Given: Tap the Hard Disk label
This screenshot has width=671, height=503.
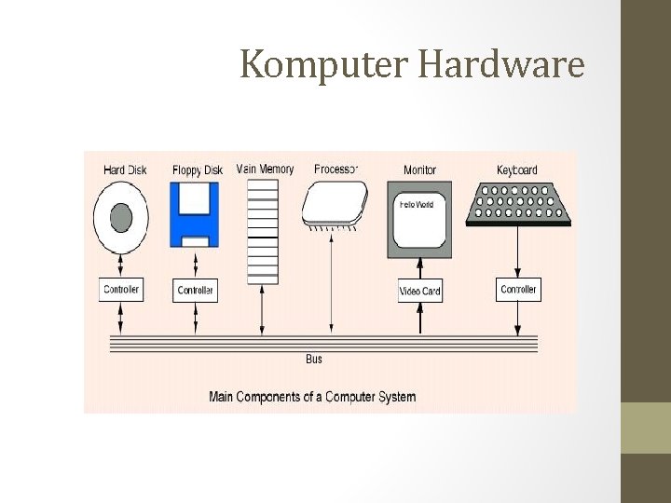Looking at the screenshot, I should (127, 170).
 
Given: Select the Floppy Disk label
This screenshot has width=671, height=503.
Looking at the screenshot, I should (198, 170).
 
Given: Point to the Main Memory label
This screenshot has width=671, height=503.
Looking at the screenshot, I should (266, 170).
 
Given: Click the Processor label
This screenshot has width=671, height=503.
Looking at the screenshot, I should (335, 170).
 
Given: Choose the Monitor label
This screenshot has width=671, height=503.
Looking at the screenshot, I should (419, 170).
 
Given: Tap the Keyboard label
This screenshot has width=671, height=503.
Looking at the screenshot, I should (517, 170).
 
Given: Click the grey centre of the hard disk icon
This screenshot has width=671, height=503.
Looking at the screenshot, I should (121, 219).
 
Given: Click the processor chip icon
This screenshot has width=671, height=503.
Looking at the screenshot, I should (335, 204).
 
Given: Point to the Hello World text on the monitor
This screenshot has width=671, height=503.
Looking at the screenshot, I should (417, 204).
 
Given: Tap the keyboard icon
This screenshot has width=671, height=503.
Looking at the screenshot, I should (518, 202).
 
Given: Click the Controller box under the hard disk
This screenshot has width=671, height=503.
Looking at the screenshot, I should (121, 290).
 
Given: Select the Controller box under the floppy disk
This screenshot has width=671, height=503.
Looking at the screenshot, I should (196, 291).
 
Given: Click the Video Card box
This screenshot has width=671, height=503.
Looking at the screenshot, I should (419, 292).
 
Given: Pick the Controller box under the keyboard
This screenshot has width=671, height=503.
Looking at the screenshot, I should (518, 290).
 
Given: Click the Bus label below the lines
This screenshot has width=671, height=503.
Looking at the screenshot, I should (314, 359).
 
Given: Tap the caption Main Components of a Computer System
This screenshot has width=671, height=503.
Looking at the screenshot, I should (312, 397).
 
